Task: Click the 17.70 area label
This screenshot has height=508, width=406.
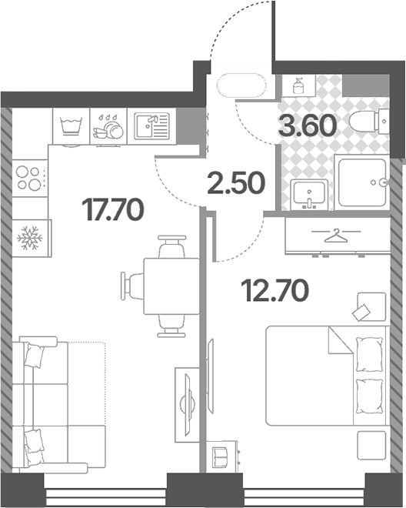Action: pyautogui.click(x=113, y=209)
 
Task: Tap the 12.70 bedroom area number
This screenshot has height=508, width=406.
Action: pyautogui.click(x=275, y=290)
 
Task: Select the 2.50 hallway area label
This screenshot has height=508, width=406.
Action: pyautogui.click(x=236, y=183)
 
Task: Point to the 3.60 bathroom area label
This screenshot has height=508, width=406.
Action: pyautogui.click(x=308, y=125)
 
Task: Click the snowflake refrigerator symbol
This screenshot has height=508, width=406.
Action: pyautogui.click(x=30, y=239)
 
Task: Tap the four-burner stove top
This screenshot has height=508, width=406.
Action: pyautogui.click(x=30, y=178)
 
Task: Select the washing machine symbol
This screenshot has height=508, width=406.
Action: pyautogui.click(x=71, y=126)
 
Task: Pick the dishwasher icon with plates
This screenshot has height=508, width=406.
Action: pyautogui.click(x=108, y=126)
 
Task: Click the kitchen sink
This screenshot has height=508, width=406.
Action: pyautogui.click(x=151, y=126)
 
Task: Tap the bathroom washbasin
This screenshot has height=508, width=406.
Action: pyautogui.click(x=309, y=194)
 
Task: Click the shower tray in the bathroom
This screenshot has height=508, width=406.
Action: pyautogui.click(x=362, y=182)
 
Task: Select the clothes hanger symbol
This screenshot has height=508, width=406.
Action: pyautogui.click(x=336, y=236)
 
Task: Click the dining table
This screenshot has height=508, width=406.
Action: pyautogui.click(x=171, y=286)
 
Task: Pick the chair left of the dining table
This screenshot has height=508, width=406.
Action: pyautogui.click(x=132, y=286)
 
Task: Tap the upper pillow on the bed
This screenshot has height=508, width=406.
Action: pyautogui.click(x=369, y=354)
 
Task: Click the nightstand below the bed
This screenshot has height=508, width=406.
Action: pyautogui.click(x=371, y=445)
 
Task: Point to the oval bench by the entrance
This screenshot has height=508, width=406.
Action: pyautogui.click(x=242, y=85)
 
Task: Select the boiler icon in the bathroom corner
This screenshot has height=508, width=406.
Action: pyautogui.click(x=298, y=85)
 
